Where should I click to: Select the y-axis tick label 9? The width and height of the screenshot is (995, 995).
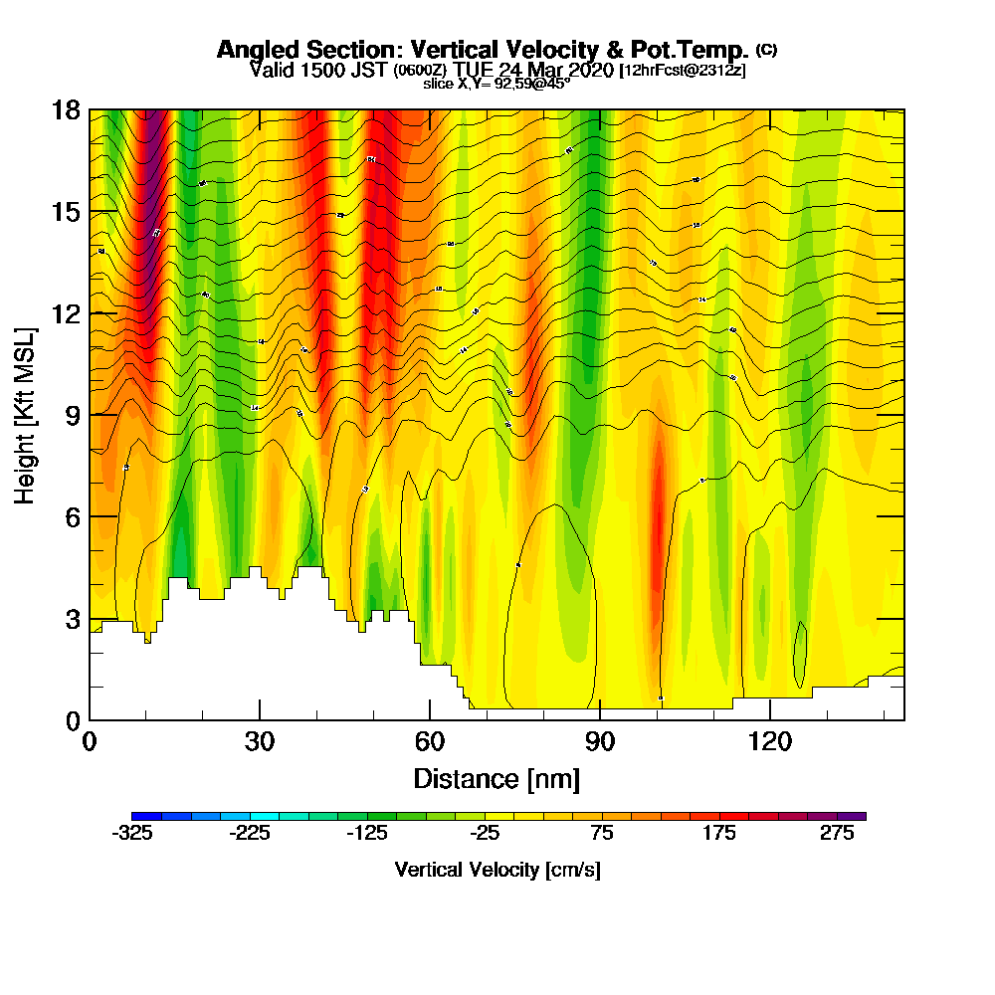click(73, 415)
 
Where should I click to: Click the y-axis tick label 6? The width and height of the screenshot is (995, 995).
click(73, 516)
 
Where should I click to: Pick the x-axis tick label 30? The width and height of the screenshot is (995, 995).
click(260, 742)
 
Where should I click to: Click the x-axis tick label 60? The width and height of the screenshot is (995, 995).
click(430, 742)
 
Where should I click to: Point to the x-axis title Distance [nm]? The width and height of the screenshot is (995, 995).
click(497, 777)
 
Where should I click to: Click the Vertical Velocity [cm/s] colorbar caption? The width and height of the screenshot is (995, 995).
click(497, 870)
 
